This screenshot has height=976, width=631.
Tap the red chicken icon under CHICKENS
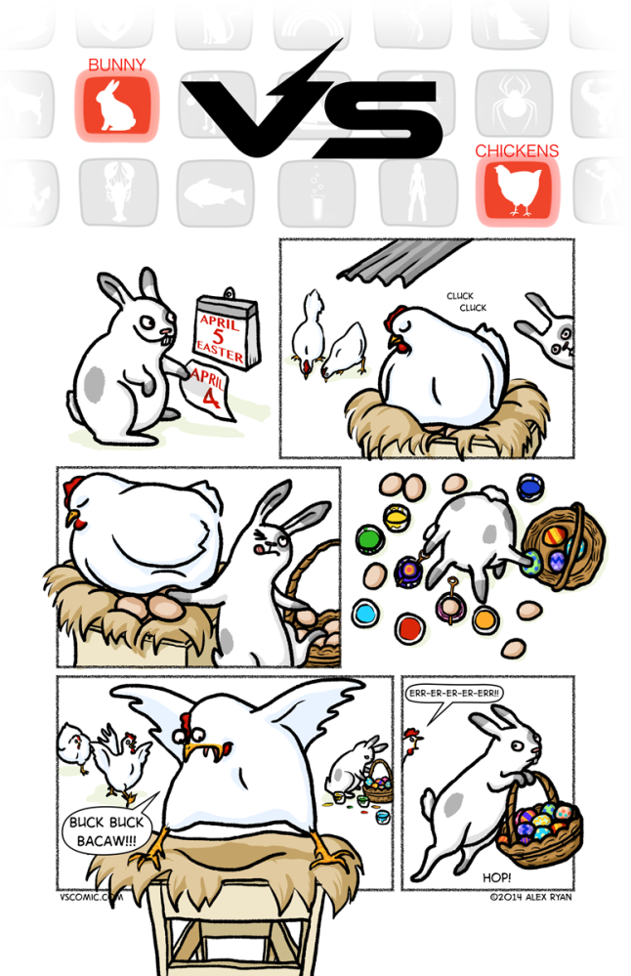(x=517, y=191)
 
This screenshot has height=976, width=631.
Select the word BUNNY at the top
(x=116, y=65)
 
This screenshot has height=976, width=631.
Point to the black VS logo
(x=313, y=112)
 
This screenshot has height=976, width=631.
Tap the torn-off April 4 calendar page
(x=210, y=392)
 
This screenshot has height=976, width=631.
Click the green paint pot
(x=368, y=537)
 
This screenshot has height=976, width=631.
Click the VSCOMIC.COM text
(x=91, y=895)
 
